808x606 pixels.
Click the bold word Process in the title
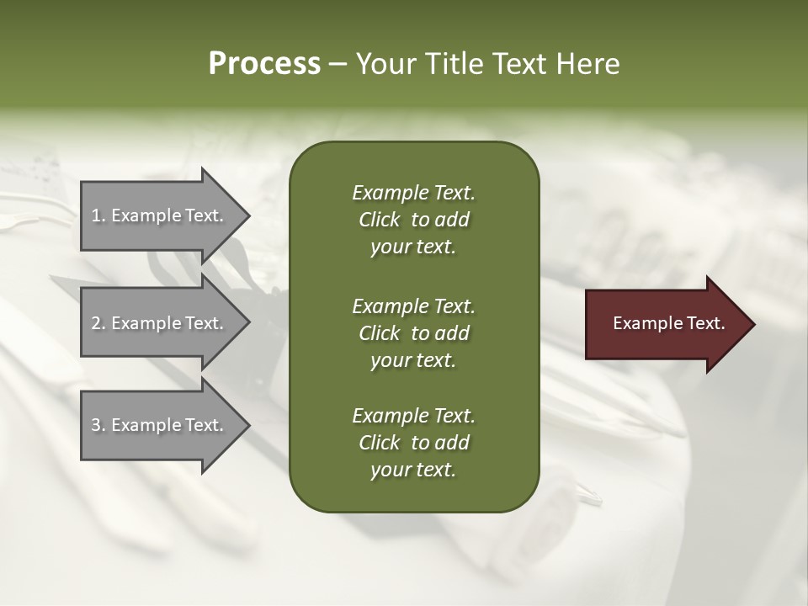[x=264, y=64]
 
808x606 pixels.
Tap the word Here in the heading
[x=588, y=64]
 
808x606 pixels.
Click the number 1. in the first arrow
[x=98, y=215]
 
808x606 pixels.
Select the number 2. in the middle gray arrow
[x=98, y=323]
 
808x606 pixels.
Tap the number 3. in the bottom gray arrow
[x=98, y=425]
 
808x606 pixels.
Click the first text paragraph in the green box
[x=413, y=220]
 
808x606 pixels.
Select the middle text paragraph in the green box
[x=413, y=332]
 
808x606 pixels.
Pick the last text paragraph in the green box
[x=413, y=443]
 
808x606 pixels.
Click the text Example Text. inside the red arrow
[x=668, y=323]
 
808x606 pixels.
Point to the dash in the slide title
[x=338, y=65]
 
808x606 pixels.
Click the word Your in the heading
[x=383, y=64]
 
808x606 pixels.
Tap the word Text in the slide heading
[x=516, y=64]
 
